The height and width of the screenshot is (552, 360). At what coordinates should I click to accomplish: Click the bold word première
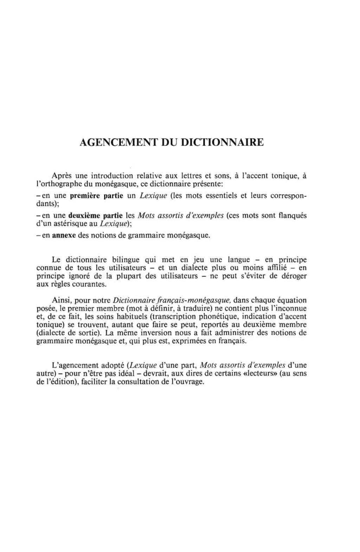(x=86, y=196)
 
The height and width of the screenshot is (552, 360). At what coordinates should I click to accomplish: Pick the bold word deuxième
(x=86, y=216)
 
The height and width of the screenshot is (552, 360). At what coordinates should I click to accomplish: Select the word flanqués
(x=292, y=216)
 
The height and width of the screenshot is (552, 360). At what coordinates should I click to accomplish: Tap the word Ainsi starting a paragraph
(x=61, y=300)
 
